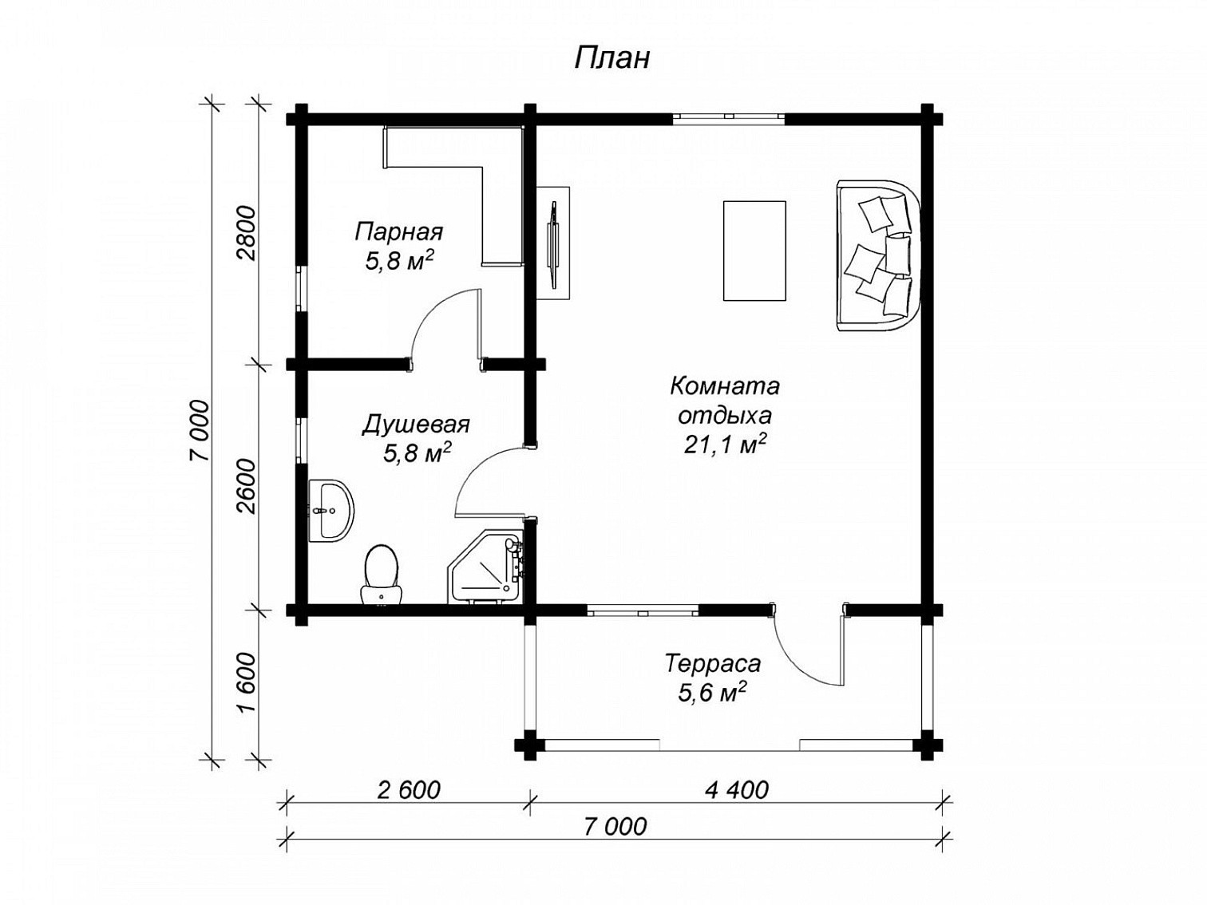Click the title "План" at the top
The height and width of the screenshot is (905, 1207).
point(612,58)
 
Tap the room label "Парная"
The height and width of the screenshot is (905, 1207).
point(398,231)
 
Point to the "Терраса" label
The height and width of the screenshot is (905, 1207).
point(713,663)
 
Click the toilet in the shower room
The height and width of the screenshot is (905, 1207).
point(381,575)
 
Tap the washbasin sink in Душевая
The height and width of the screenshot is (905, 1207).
point(330,509)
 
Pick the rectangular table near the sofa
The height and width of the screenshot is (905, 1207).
point(754,251)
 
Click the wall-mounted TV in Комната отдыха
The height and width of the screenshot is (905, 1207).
point(553,243)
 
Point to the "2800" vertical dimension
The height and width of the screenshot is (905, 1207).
point(248,234)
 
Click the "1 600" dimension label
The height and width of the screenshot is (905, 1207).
point(248,683)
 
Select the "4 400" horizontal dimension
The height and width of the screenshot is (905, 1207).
point(736,790)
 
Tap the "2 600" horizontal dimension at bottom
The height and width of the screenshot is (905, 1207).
point(409,790)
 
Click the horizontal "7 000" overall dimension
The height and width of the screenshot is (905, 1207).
point(615,827)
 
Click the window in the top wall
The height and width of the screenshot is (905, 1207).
point(728,116)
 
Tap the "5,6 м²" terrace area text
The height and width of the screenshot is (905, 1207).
point(711,693)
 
